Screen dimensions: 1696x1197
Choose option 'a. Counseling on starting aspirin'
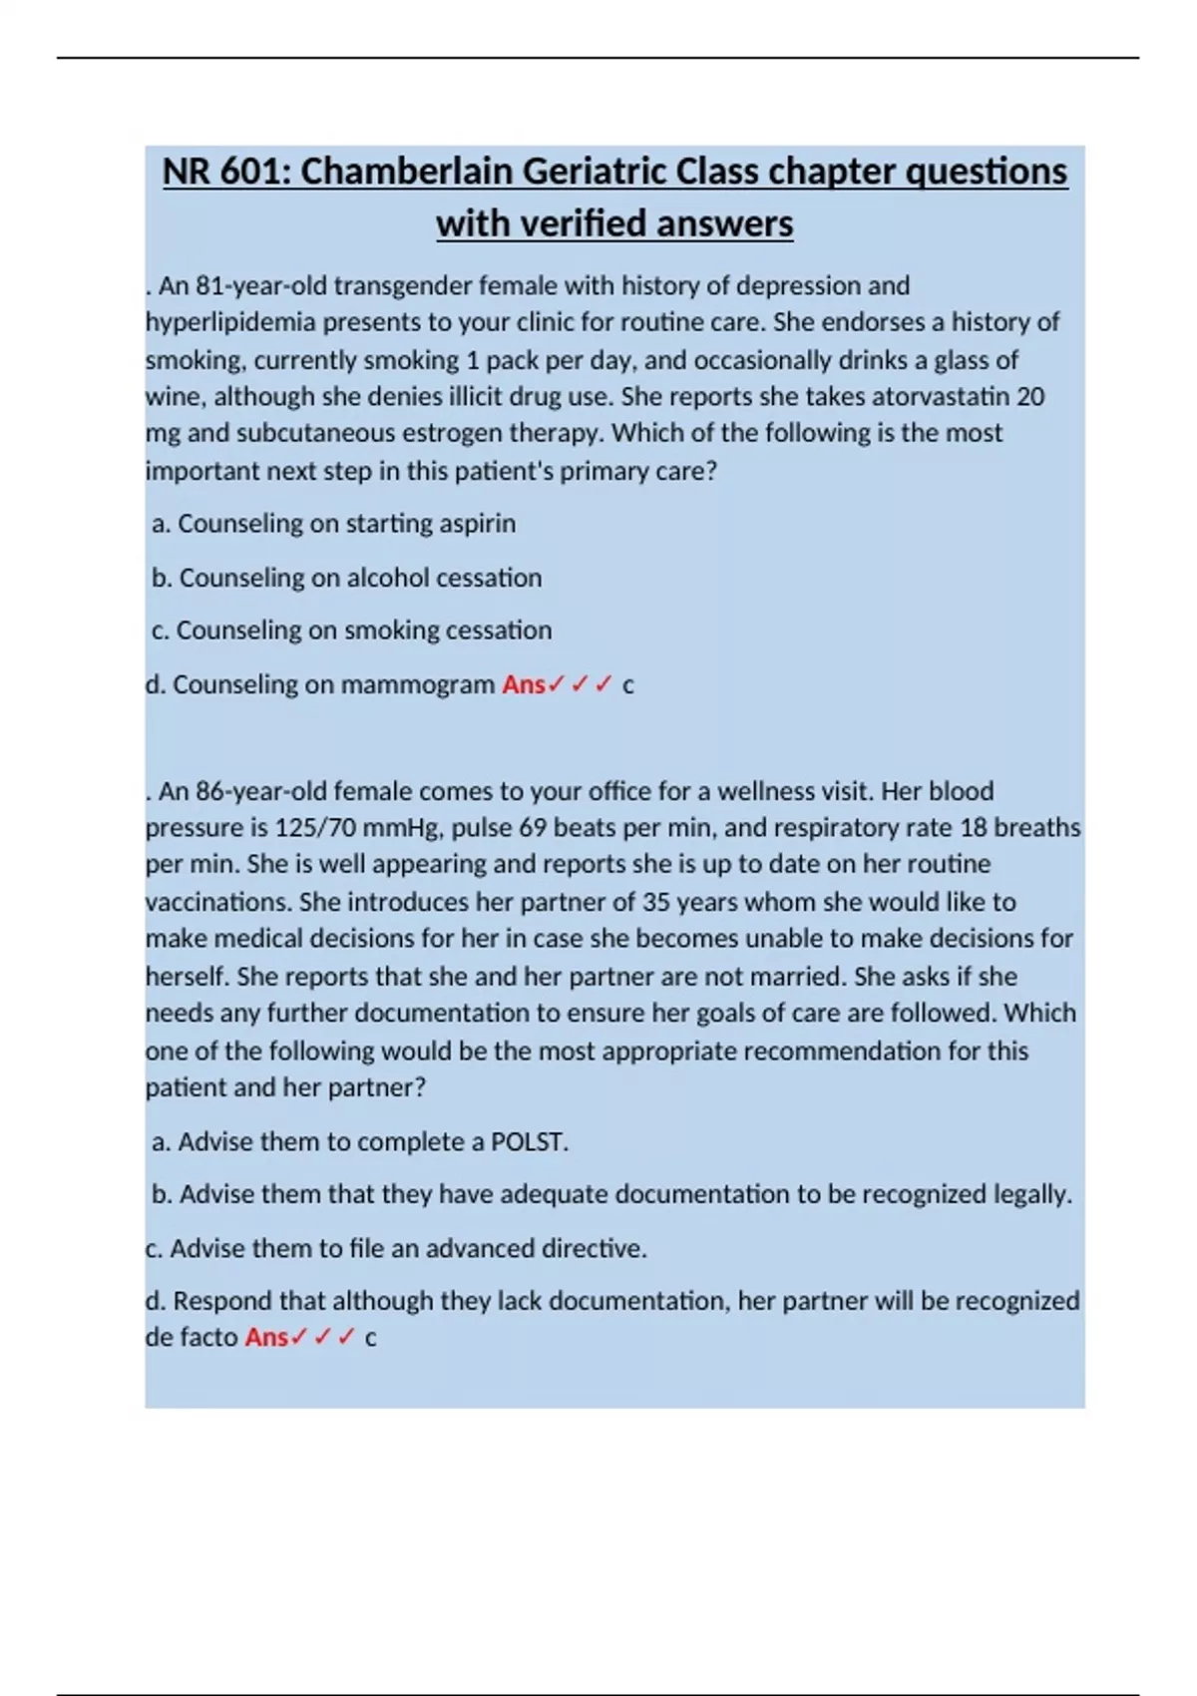point(333,524)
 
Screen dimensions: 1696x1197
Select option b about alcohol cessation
point(346,578)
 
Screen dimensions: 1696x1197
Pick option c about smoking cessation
point(351,631)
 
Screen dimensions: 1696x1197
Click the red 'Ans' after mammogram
point(523,685)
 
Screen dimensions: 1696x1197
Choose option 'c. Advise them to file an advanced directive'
point(396,1249)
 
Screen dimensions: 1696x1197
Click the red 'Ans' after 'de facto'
point(266,1338)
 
